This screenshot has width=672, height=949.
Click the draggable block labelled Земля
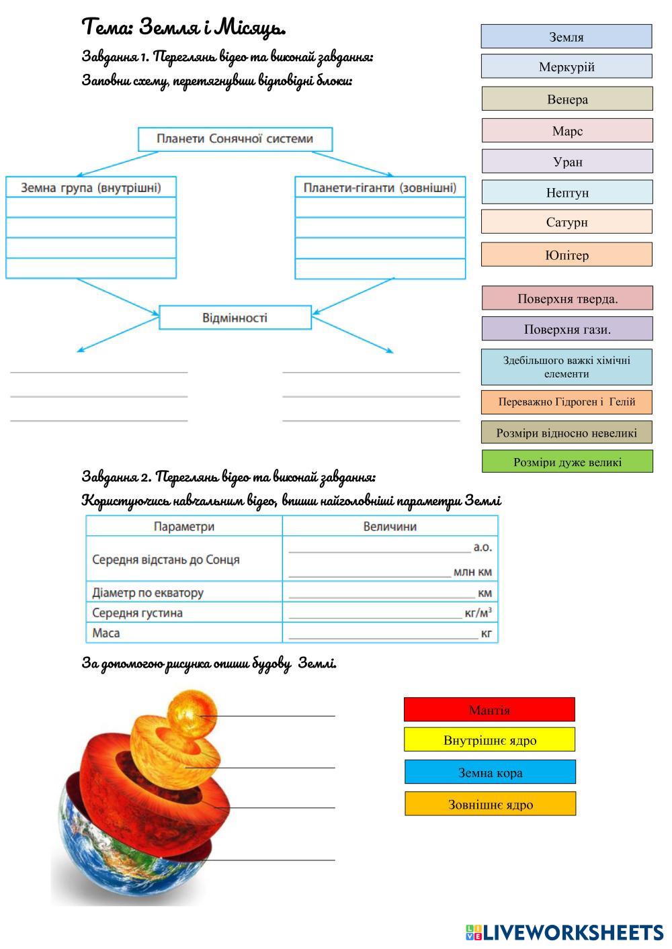tap(566, 36)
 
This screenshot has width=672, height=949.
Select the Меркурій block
tap(566, 66)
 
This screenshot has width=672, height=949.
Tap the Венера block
tap(566, 99)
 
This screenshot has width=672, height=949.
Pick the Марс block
tap(566, 130)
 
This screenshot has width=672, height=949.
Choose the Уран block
tap(566, 161)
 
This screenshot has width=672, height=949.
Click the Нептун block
tap(566, 192)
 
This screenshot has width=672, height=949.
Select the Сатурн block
tap(566, 222)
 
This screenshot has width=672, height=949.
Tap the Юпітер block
tap(566, 255)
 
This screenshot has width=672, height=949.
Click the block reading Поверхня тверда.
tap(566, 298)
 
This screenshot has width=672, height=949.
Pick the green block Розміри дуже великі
tap(566, 461)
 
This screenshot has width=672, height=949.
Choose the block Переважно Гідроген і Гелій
tap(566, 402)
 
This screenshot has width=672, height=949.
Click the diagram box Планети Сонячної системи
tap(235, 139)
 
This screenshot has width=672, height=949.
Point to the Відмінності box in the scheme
tap(235, 318)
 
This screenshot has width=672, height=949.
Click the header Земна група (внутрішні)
tap(91, 187)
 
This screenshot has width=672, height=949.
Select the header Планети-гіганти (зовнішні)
tap(380, 187)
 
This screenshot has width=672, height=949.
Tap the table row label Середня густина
tap(137, 613)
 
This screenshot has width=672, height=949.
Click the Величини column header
tap(390, 527)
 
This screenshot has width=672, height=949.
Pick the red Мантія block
tap(489, 709)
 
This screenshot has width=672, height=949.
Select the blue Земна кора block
tap(490, 772)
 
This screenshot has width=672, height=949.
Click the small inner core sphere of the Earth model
tap(192, 714)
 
